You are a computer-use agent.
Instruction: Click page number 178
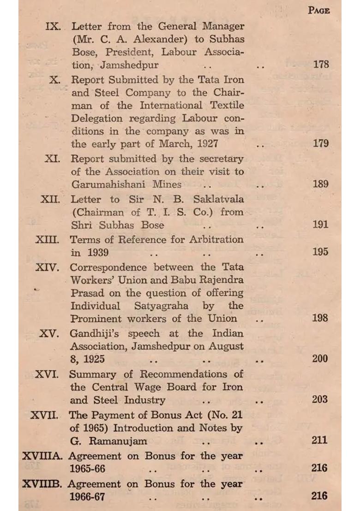pyautogui.click(x=320, y=64)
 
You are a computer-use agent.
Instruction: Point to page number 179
pyautogui.click(x=320, y=143)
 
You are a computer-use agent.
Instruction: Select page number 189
pyautogui.click(x=320, y=184)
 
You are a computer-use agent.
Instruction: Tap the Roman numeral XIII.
pyautogui.click(x=48, y=240)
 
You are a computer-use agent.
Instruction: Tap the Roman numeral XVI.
pyautogui.click(x=47, y=374)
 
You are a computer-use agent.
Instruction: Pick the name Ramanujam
pyautogui.click(x=115, y=440)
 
